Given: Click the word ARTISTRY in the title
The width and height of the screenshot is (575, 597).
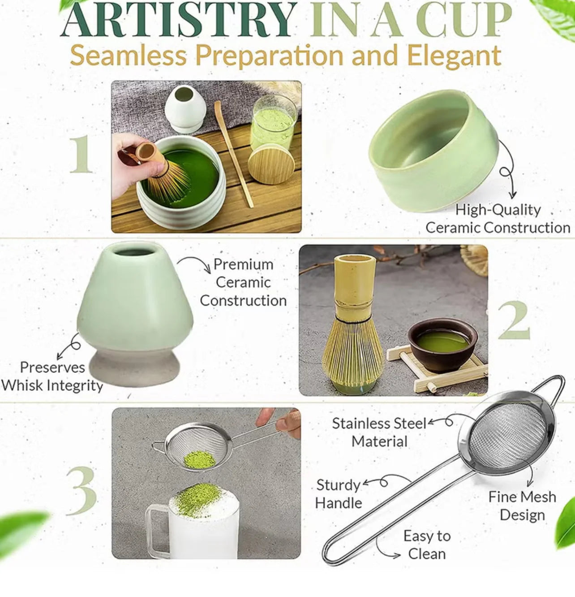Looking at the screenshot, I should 178,20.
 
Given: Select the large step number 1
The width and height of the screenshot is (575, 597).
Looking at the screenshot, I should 81,154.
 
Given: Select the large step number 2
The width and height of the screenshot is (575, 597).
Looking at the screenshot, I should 514,320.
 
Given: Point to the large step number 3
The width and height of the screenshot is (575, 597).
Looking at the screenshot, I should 82,491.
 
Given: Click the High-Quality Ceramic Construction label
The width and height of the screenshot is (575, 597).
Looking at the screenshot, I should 497,219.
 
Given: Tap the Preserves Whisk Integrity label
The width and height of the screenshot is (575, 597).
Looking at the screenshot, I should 52,376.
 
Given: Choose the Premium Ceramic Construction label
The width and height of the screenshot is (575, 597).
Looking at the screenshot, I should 243,282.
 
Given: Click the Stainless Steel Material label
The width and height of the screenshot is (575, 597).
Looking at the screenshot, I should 379,433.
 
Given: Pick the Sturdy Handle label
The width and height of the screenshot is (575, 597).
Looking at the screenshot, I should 338,494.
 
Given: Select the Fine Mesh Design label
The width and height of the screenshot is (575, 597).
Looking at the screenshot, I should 522,506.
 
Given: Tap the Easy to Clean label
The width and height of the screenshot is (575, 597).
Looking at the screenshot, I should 426,545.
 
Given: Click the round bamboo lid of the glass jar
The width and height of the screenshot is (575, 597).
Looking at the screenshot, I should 271,164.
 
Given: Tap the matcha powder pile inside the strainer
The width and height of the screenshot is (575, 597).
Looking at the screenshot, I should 200,460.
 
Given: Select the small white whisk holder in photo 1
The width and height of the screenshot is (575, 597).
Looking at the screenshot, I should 185,109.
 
